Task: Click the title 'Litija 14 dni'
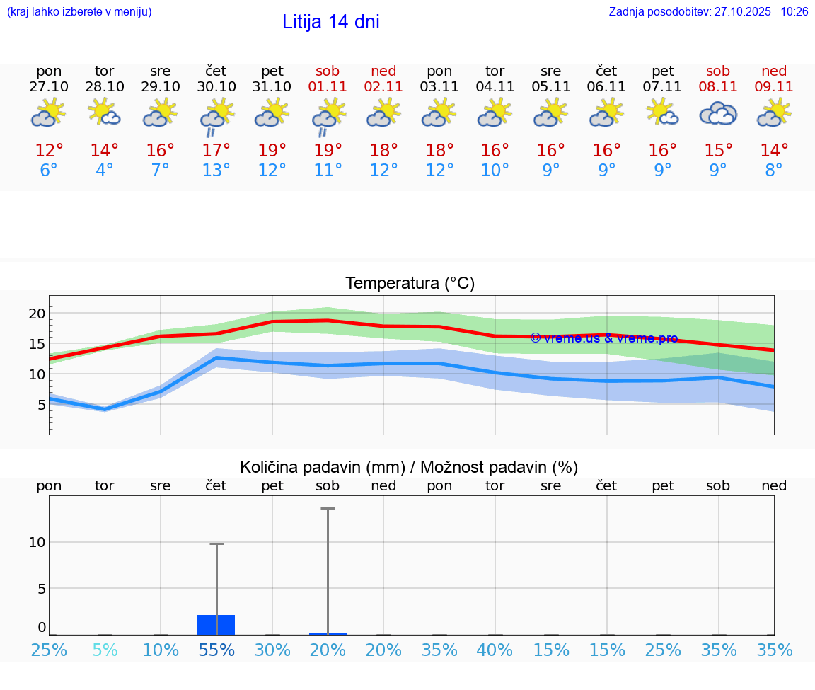point(330,22)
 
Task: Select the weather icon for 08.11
point(718,113)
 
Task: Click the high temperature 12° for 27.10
point(49,151)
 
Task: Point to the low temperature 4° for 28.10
point(105,171)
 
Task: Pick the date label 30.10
point(216,86)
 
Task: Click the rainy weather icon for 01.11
point(328,117)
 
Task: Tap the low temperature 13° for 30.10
point(216,171)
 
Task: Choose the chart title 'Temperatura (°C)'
point(410,284)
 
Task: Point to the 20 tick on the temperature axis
point(37,314)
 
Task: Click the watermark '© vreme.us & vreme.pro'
point(603,338)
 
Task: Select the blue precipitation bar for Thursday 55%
point(216,625)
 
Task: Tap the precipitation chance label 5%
point(105,650)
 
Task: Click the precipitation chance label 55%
point(216,650)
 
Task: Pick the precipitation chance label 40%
point(495,650)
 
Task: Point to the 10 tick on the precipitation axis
point(37,542)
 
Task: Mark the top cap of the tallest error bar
point(328,508)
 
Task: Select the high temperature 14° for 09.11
point(774,151)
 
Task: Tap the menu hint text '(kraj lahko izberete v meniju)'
point(79,12)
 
